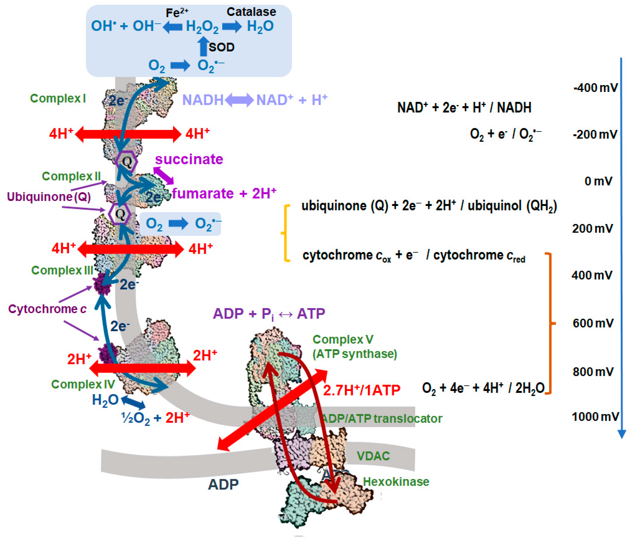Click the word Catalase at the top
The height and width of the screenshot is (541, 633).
(x=251, y=12)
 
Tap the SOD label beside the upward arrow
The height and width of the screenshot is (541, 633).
(x=222, y=47)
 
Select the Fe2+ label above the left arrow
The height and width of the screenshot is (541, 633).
(x=177, y=13)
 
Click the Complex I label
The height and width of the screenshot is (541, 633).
(x=58, y=98)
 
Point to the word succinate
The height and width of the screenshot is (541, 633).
(x=189, y=159)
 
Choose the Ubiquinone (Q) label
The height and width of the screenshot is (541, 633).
(x=49, y=197)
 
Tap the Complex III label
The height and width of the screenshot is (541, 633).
(x=62, y=270)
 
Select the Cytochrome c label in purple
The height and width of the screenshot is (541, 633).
(x=47, y=309)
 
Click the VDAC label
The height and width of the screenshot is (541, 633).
(x=373, y=456)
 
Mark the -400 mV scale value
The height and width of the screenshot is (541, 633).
(x=595, y=88)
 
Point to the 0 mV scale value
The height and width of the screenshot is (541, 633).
(x=598, y=181)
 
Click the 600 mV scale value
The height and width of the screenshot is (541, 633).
(x=593, y=323)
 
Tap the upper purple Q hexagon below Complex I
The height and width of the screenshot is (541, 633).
(x=127, y=161)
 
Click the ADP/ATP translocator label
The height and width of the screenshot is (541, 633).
(x=382, y=418)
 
